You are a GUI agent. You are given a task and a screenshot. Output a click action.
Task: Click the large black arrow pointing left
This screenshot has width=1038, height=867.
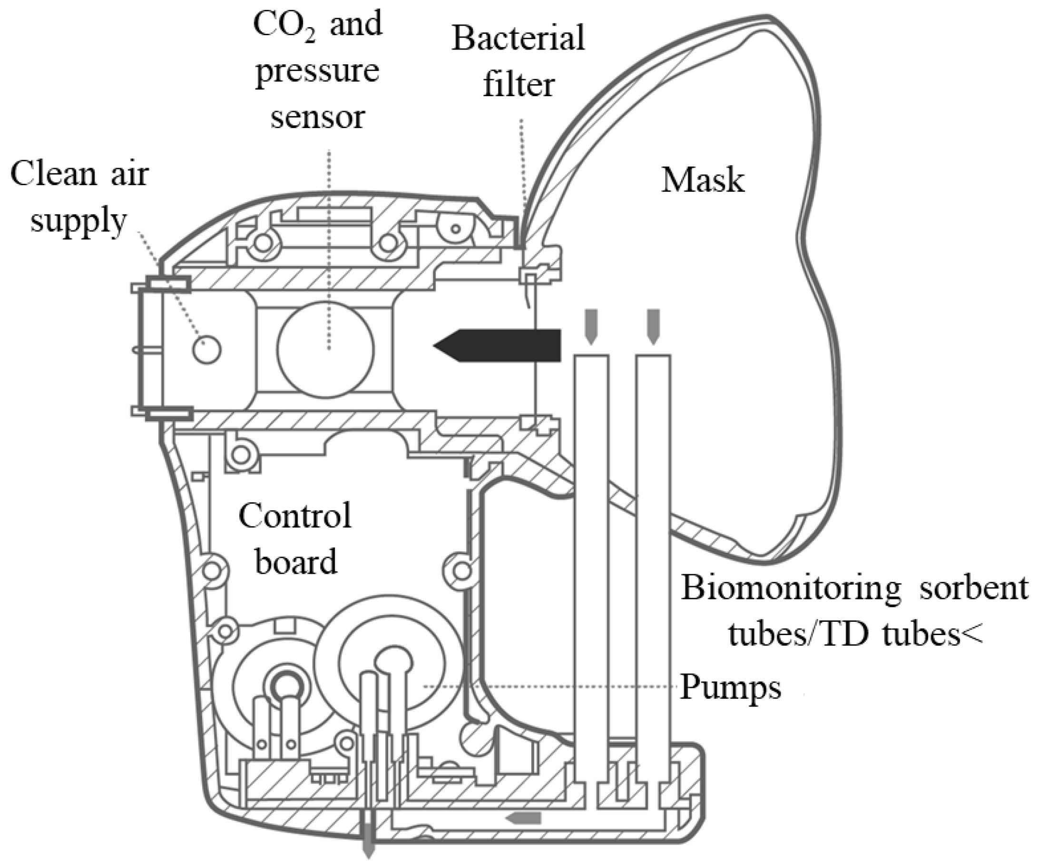(x=499, y=345)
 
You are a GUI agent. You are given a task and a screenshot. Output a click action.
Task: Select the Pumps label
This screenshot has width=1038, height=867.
(x=730, y=687)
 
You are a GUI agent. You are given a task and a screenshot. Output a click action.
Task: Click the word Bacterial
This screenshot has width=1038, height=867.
(x=518, y=39)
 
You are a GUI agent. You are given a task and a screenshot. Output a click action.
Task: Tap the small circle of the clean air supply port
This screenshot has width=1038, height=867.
(x=207, y=349)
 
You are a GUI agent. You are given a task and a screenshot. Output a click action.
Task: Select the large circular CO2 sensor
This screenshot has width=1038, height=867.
(x=326, y=349)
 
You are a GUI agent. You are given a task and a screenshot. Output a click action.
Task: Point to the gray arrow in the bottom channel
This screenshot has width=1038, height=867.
(x=523, y=817)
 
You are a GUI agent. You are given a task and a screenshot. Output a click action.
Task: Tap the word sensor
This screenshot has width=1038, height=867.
(x=317, y=118)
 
